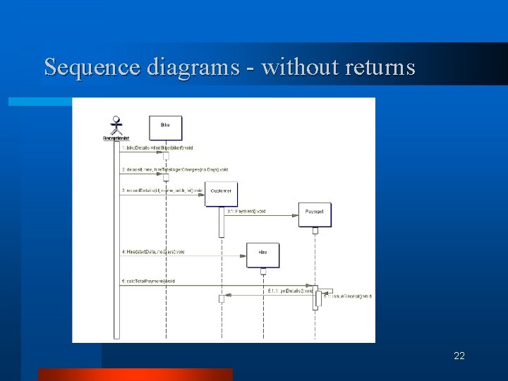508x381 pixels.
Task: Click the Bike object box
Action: point(165,127)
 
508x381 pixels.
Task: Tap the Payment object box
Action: point(315,214)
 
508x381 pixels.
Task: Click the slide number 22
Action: point(459,356)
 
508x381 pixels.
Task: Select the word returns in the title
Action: point(380,67)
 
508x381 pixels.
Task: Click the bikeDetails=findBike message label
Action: point(157,147)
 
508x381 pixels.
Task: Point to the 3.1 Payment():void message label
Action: point(246,211)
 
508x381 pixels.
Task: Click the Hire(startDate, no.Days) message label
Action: point(152,252)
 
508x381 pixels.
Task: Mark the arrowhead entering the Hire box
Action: point(243,255)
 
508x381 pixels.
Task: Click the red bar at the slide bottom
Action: point(135,374)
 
